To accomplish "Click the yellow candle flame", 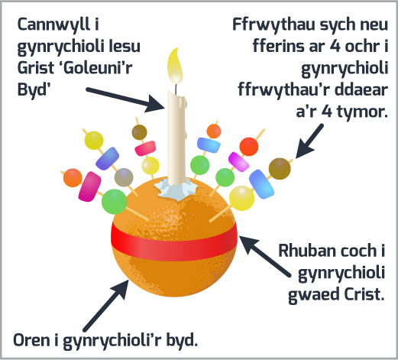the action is point(175,66).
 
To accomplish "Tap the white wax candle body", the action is point(176,137).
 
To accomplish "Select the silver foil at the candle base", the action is point(176,189).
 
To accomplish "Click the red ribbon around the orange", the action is point(174,244).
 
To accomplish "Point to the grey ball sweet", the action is point(124,177).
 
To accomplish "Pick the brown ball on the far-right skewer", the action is point(280,168).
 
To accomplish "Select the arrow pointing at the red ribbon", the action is point(264,256).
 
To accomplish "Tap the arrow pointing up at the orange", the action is point(106,305).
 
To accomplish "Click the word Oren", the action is point(32,340).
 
